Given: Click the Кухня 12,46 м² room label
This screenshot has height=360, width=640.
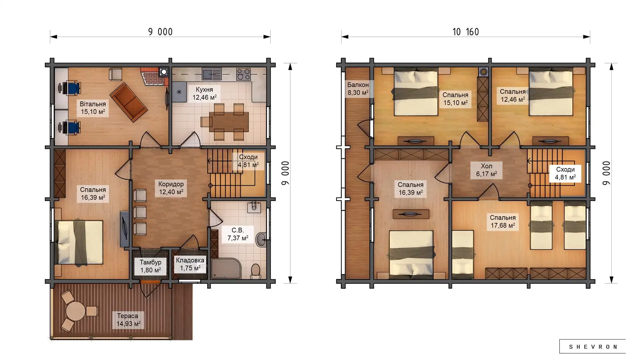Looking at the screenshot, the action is click(204, 94).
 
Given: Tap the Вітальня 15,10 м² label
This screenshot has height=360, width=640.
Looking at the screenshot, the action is click(93, 108).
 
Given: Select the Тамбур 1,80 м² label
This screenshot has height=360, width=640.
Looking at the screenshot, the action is click(150, 266).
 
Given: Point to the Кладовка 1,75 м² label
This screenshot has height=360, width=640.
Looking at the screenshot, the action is click(190, 264).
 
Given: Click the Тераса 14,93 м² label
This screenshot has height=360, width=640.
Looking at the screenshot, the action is click(128, 320).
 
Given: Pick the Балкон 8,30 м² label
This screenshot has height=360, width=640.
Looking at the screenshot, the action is click(358, 89).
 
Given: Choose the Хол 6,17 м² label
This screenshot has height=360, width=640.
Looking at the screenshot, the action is click(486, 170).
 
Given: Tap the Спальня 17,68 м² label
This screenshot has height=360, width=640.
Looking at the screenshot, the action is click(503, 222).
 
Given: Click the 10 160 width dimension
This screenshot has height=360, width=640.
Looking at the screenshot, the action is click(466, 32).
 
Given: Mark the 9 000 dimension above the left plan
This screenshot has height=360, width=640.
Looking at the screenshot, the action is click(160, 32).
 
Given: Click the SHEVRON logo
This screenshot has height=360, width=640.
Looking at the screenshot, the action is click(593, 347).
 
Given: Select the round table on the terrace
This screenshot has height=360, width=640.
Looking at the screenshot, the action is click(76, 311).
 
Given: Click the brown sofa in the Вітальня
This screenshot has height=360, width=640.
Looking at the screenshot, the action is click(128, 102).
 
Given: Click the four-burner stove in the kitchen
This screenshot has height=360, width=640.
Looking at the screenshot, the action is click(243, 74).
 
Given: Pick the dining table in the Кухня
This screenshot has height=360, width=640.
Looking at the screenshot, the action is click(229, 122).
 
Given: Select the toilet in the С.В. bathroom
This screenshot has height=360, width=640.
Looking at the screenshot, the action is click(256, 271).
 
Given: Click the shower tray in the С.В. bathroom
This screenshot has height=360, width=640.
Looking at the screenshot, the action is click(226, 268).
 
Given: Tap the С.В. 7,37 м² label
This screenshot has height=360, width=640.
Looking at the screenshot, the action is click(238, 234).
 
